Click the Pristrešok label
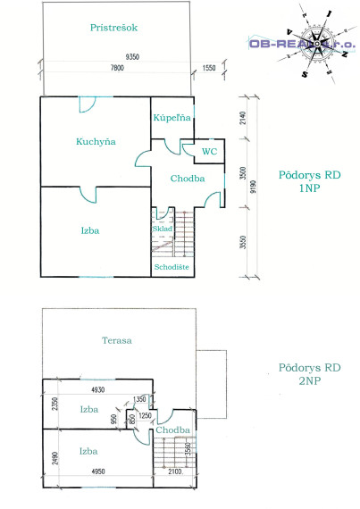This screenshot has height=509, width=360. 113,28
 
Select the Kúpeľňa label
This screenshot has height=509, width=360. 170,118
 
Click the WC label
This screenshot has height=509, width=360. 209,151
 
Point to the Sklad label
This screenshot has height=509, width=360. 163,229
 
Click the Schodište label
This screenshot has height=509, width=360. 171,266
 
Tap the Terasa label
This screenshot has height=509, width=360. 117,340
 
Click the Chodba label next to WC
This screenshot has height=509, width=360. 188,178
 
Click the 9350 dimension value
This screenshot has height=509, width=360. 132,56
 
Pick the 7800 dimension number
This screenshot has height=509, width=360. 116,69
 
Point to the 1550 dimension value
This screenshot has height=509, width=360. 208,69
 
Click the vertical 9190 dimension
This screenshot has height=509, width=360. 254,188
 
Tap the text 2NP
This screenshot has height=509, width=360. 309,381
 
